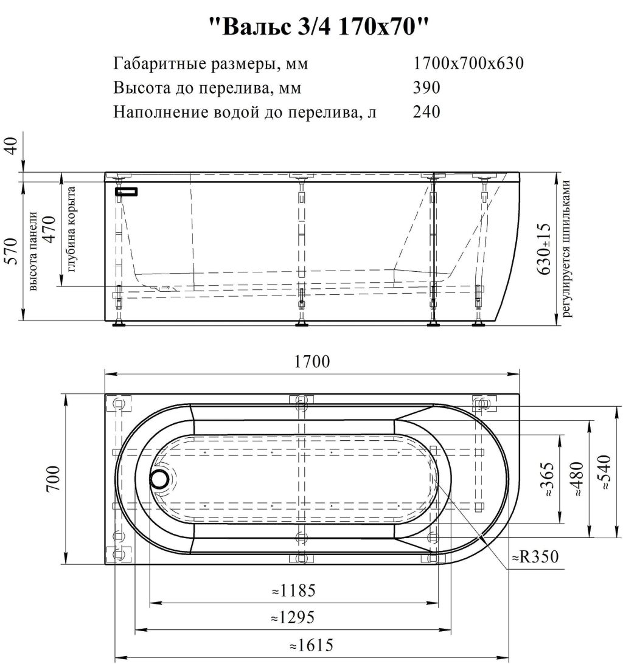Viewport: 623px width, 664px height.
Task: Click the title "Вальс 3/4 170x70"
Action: pos(319,27)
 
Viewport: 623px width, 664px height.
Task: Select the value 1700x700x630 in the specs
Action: pos(468,63)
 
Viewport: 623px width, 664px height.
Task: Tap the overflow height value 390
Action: pos(426,88)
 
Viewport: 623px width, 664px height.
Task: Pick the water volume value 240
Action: pos(426,112)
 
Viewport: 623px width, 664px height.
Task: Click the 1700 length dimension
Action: pos(312,362)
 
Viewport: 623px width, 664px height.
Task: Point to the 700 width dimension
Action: pos(54,479)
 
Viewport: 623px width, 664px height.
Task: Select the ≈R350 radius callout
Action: pos(536,557)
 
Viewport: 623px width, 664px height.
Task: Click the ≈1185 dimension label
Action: pos(294,590)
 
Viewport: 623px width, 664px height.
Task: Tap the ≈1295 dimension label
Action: pos(293,617)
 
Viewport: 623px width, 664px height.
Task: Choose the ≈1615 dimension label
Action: pos(311,645)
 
